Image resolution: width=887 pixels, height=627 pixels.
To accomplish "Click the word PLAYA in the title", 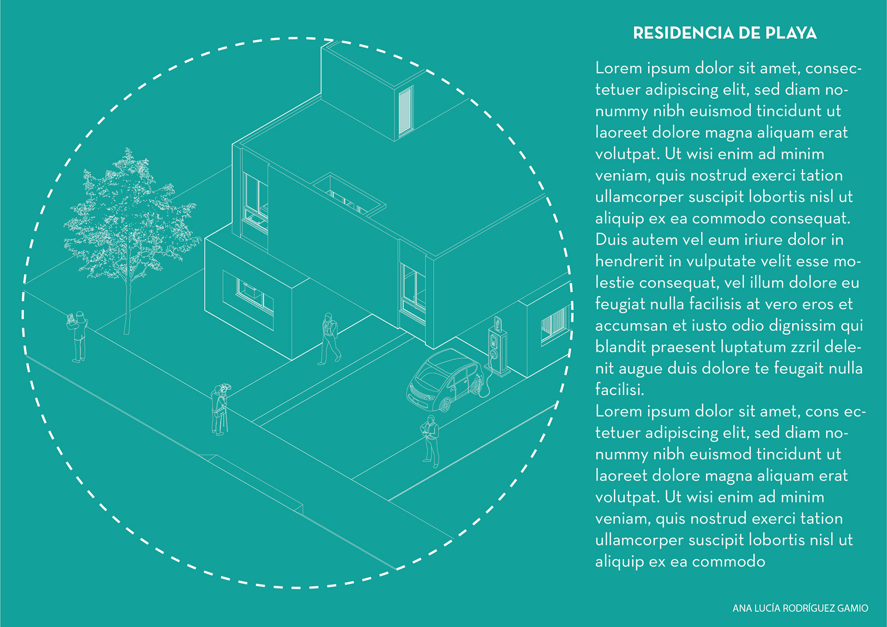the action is (x=791, y=33).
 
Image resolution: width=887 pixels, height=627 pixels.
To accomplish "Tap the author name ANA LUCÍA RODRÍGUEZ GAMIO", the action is (x=800, y=608).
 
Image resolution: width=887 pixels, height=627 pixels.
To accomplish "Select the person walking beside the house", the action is (x=330, y=339).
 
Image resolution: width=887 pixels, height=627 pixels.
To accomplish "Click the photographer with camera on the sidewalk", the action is (x=220, y=409).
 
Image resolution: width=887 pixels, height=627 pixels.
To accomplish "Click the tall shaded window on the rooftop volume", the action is (x=405, y=111).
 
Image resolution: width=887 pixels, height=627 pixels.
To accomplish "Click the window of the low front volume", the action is (x=255, y=296).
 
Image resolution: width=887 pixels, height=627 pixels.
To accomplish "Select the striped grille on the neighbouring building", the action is (x=555, y=323).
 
